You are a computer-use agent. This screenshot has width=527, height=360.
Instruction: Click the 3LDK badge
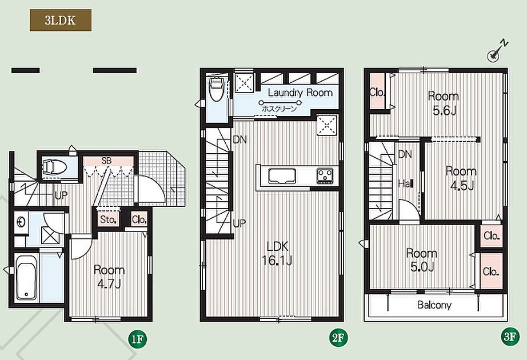(61, 21)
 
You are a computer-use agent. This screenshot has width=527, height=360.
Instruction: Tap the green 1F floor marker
(137, 339)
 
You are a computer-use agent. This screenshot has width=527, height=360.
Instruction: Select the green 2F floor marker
(338, 338)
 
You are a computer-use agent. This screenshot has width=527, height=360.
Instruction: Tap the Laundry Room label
(300, 93)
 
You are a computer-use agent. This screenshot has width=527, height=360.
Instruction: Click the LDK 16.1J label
(277, 253)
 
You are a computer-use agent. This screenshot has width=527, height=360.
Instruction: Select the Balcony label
(434, 305)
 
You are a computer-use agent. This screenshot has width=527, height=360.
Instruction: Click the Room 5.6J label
(444, 103)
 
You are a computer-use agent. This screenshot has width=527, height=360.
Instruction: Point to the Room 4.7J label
(109, 277)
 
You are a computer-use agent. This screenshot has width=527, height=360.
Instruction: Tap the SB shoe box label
(106, 161)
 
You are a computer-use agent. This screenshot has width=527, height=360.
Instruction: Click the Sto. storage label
(108, 220)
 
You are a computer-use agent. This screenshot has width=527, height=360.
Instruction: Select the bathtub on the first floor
(26, 277)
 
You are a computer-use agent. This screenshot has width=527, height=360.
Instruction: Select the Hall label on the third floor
(406, 184)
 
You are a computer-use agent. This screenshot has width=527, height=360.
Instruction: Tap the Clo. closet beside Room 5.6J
(377, 91)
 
